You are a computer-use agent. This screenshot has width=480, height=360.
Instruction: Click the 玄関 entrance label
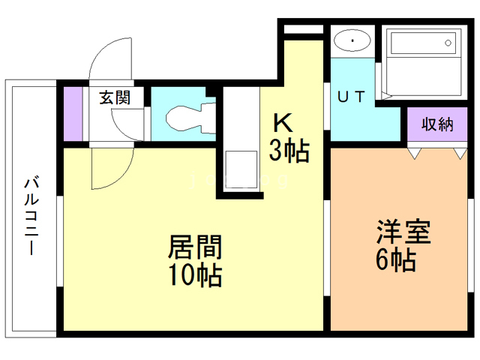[115, 97]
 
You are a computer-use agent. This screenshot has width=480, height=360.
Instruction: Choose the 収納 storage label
[436, 124]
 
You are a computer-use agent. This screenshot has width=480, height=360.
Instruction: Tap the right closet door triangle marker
[459, 153]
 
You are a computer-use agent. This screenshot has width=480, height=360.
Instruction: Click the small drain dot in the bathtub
[450, 43]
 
